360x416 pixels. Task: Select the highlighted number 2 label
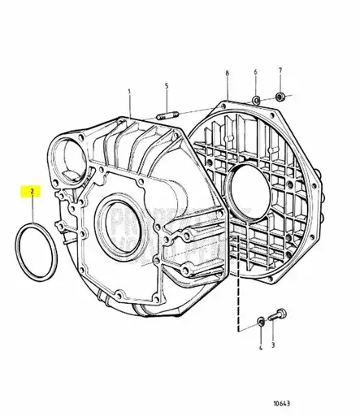point(32,193)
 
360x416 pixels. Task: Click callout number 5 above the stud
point(167,86)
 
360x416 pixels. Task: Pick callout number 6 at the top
point(256,73)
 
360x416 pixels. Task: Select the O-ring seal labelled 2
point(36,245)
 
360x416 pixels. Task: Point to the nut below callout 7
point(280,98)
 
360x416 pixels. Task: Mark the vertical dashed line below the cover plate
point(238,276)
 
